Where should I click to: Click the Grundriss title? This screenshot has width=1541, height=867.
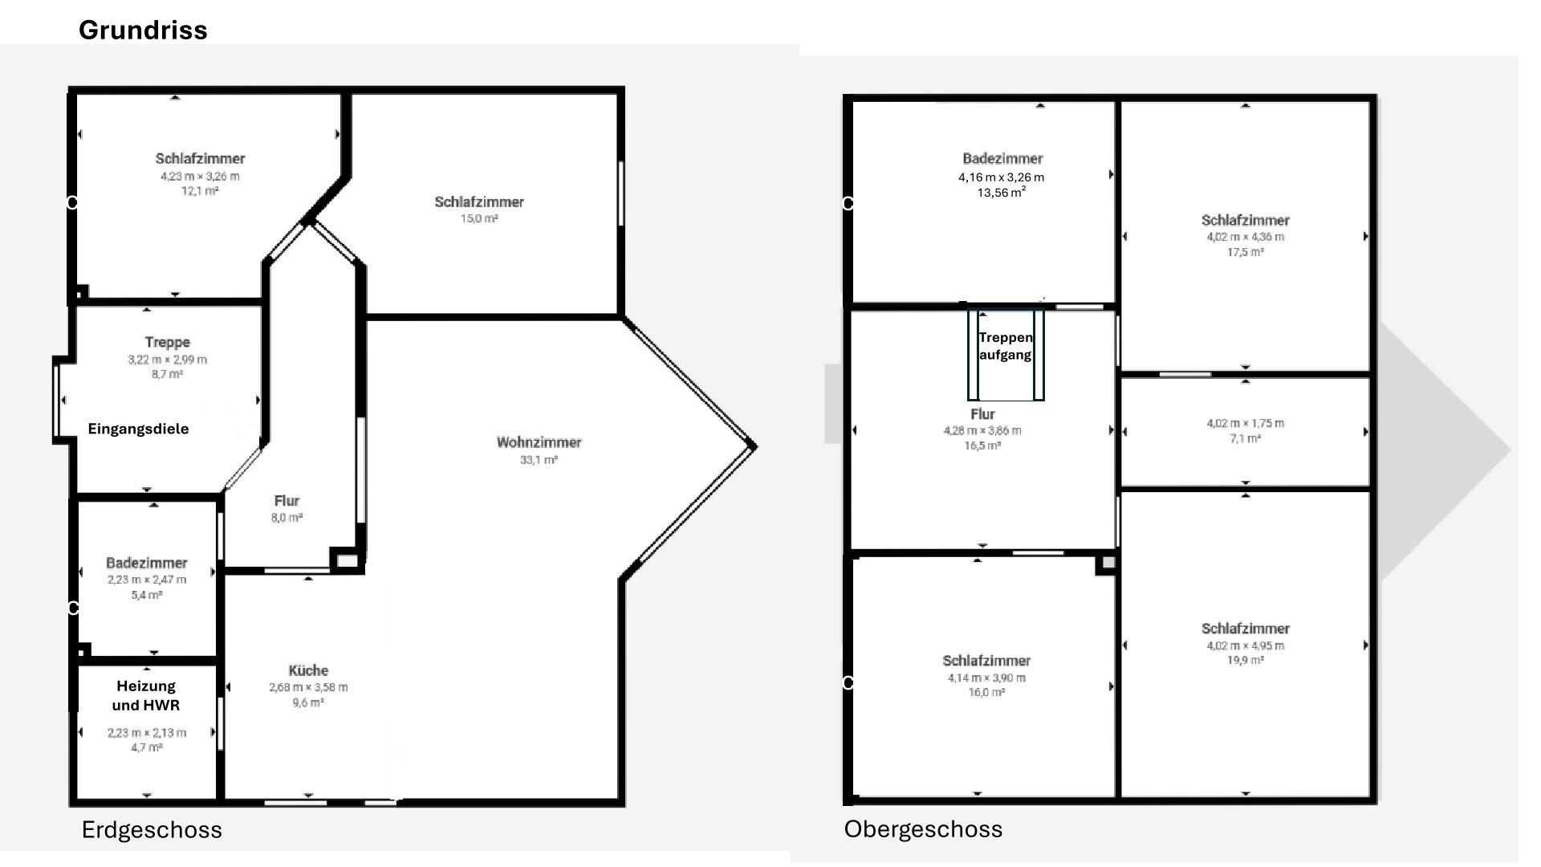143,31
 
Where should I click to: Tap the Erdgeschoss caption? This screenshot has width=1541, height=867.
152,829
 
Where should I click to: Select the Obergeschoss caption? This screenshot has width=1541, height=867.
923,829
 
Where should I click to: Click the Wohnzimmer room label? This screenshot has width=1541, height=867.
539,442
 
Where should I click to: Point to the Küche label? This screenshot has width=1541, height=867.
308,670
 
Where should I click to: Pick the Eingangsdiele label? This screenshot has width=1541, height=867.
138,429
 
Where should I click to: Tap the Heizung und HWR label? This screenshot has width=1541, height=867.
146,695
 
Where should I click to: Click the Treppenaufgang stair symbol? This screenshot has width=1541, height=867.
1006,354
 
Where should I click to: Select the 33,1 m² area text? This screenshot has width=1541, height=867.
539,460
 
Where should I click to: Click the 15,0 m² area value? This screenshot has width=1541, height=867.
479,218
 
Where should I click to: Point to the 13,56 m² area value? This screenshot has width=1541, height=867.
1001,193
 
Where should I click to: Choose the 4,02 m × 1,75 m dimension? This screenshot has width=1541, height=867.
1245,423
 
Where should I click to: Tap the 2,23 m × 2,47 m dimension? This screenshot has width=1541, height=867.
147,580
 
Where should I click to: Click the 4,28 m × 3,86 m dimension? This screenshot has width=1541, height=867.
982,430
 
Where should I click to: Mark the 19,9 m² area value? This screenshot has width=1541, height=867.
1245,660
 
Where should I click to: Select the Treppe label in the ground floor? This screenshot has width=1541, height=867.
167,342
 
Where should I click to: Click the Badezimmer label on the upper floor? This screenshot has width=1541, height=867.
1002,158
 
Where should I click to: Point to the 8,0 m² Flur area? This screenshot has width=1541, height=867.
287,518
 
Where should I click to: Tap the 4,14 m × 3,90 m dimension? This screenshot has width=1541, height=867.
986,678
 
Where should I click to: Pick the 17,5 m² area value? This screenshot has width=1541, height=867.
1245,252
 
